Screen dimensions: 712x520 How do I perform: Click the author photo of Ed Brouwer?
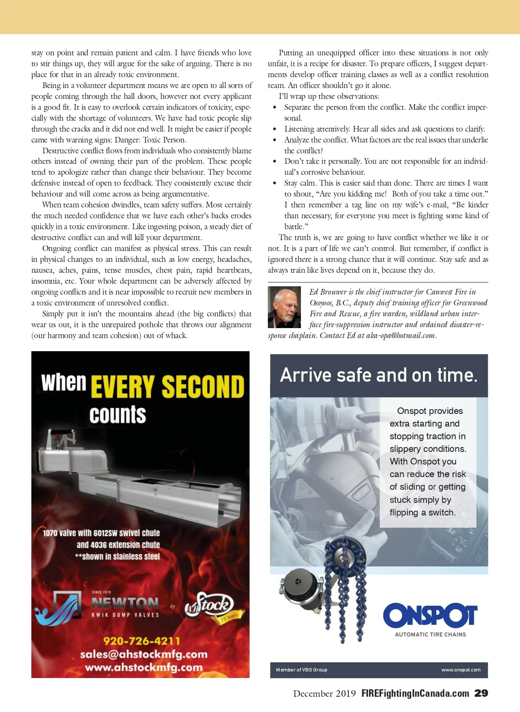(284, 307)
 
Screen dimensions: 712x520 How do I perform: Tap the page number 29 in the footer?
(481, 693)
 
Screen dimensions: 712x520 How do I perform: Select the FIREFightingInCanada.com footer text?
(415, 693)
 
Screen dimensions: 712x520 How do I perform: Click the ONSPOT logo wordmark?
(430, 615)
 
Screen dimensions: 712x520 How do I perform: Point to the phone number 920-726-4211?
(142, 641)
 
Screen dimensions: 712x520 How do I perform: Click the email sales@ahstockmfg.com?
(144, 654)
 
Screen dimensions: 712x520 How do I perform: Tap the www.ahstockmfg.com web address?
(144, 667)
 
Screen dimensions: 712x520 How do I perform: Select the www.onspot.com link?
(461, 670)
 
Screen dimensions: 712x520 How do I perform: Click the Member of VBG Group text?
(301, 670)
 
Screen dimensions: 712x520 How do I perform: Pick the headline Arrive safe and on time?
(378, 375)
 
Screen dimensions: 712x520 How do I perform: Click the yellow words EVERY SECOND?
(167, 386)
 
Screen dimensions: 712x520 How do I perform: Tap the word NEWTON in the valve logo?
(125, 603)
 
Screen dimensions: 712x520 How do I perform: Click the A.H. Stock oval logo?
(210, 605)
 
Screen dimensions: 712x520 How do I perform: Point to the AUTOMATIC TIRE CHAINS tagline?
(430, 634)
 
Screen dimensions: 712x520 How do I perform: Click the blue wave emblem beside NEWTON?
(58, 607)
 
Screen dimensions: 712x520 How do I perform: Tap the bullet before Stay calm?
(274, 183)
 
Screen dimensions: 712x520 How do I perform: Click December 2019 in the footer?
(324, 693)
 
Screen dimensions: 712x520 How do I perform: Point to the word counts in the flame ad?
(118, 414)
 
